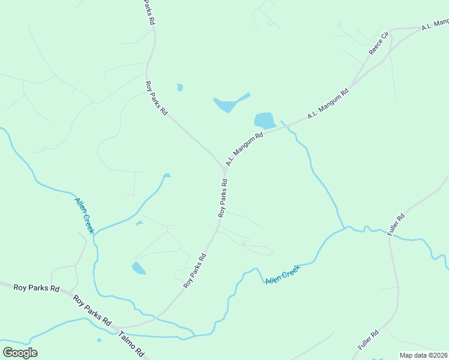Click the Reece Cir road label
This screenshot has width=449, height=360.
(x=379, y=43)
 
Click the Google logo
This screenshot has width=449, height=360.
(x=20, y=353)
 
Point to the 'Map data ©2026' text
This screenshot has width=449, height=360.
(x=423, y=355)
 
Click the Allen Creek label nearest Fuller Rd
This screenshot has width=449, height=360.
(x=283, y=274)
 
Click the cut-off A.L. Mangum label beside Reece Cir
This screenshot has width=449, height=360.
(x=435, y=25)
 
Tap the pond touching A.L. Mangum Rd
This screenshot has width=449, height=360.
(x=264, y=120)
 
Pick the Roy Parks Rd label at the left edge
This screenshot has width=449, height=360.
(x=37, y=288)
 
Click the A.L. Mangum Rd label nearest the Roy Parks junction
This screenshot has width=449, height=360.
(x=244, y=150)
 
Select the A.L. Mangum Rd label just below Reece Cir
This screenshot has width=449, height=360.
(x=328, y=103)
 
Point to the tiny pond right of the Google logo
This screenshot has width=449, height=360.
(x=99, y=340)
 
